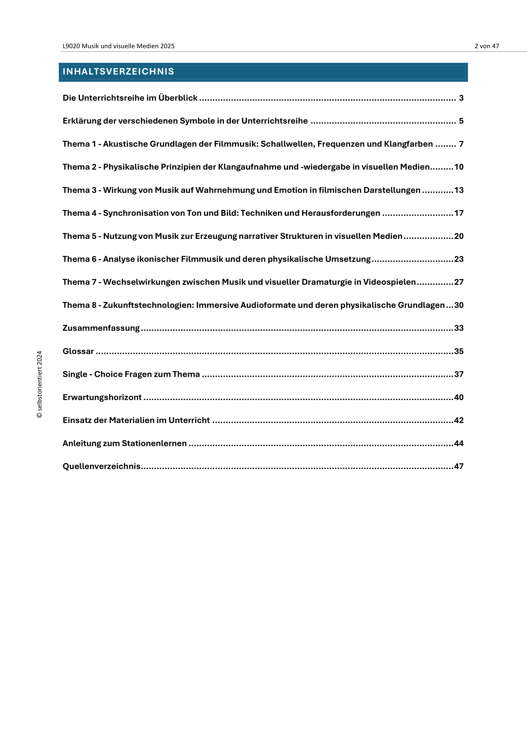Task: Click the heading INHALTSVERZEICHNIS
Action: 118,71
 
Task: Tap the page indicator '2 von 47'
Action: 487,46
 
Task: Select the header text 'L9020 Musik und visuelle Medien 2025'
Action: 119,46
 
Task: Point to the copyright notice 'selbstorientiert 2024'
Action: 39,384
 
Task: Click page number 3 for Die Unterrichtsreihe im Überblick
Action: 461,98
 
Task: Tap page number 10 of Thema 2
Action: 458,167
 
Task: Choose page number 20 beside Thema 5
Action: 458,236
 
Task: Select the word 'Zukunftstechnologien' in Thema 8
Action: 148,305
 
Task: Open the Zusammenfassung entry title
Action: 101,328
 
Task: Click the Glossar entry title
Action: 78,351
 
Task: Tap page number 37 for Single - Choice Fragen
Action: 458,375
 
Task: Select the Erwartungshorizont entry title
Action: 102,398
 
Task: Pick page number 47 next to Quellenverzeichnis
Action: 458,467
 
